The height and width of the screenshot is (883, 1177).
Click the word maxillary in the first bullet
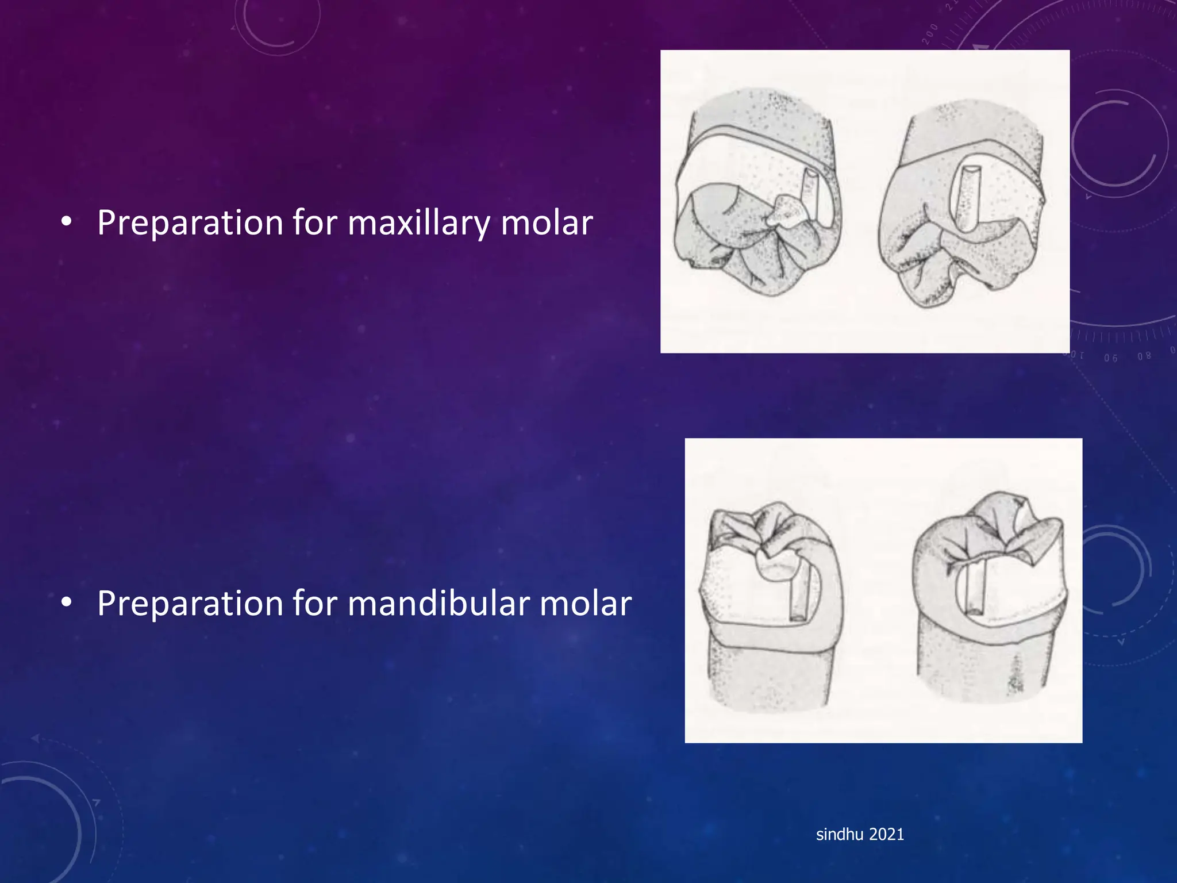pos(418,223)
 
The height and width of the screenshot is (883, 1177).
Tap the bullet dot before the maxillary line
pos(67,222)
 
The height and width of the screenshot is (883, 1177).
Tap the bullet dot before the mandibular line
pos(67,603)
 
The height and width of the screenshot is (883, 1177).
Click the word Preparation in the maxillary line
pos(190,223)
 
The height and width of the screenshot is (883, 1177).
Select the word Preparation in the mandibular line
pos(190,604)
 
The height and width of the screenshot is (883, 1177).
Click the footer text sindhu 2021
pos(860,834)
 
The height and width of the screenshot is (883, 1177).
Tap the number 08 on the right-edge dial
pos(1144,356)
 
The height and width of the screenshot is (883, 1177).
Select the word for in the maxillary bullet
pos(316,223)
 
